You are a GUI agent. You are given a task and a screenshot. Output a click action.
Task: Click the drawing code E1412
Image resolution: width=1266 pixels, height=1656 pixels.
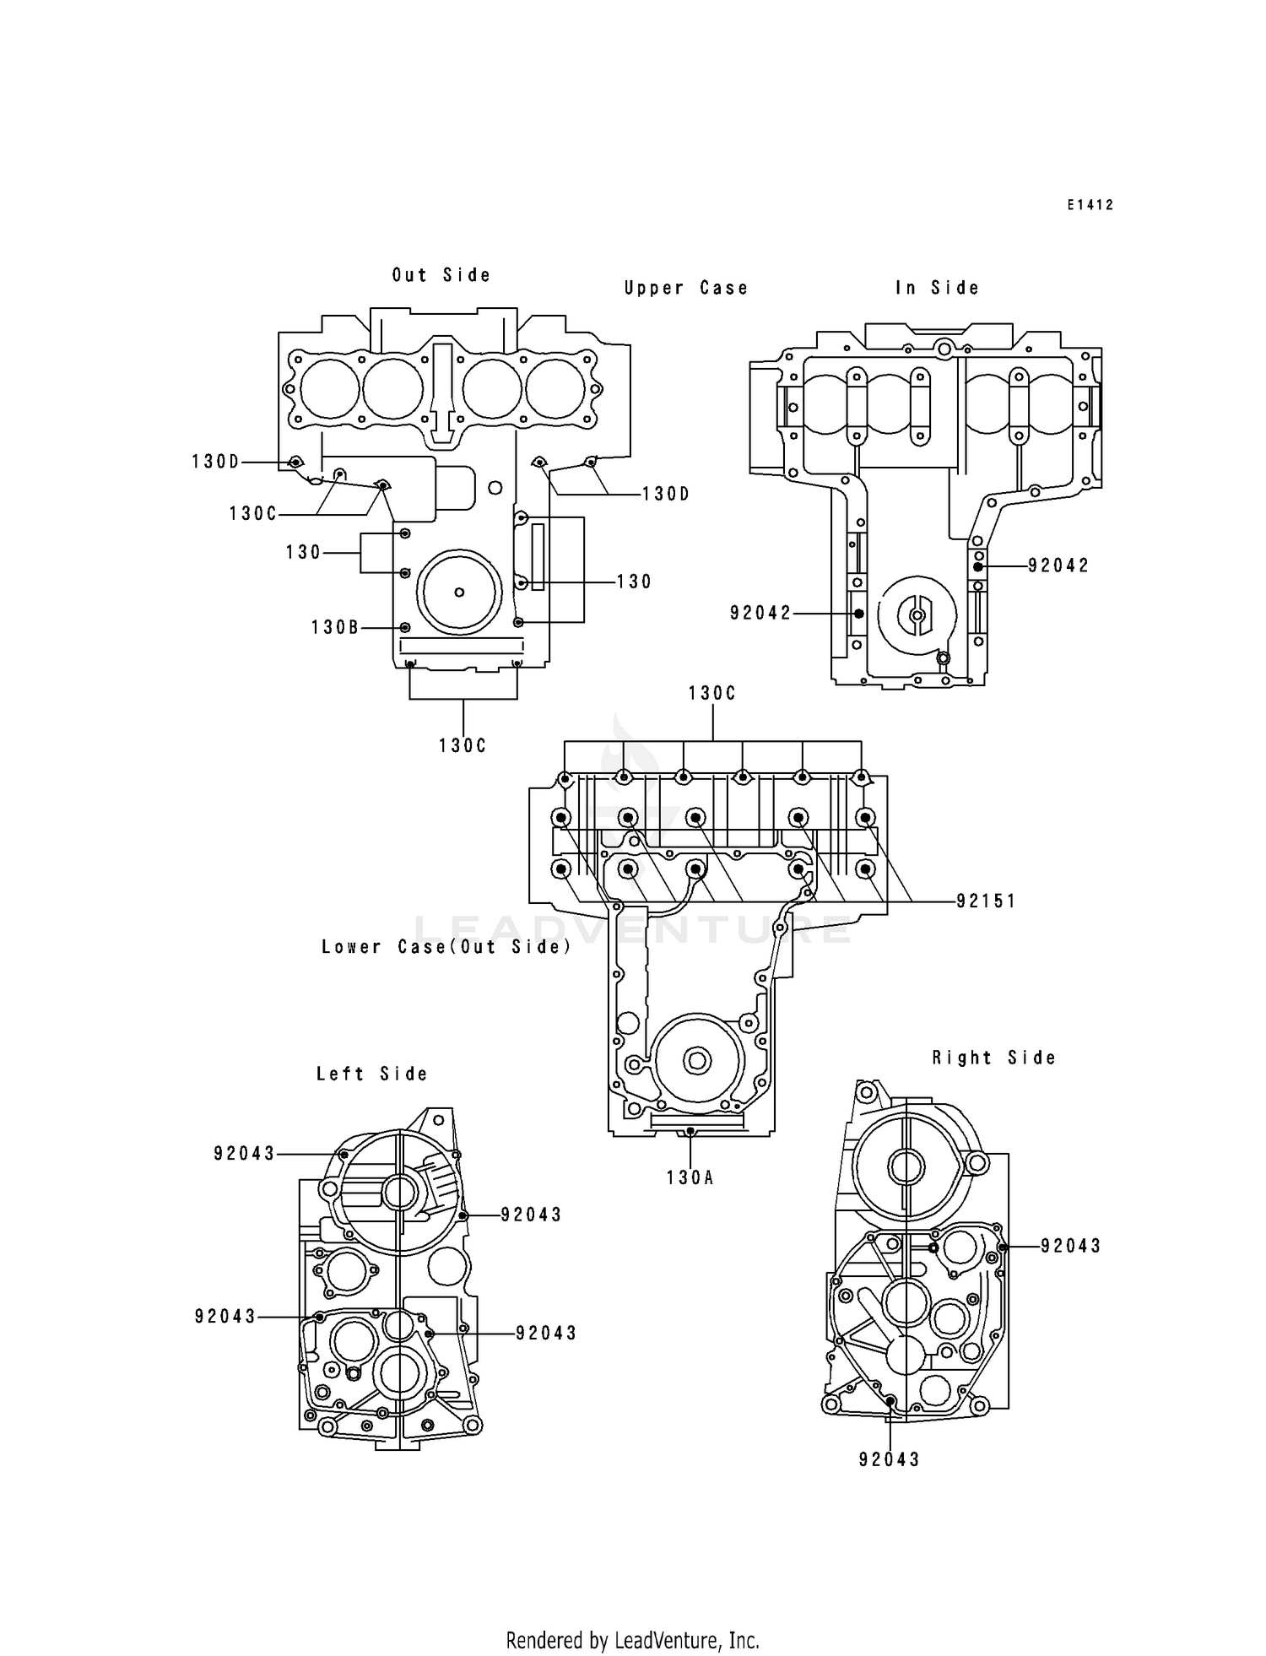(x=1090, y=205)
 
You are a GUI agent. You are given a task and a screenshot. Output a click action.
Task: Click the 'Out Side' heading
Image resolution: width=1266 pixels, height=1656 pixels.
(x=441, y=275)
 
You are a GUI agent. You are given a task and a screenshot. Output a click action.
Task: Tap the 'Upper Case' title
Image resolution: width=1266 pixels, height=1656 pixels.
(x=685, y=288)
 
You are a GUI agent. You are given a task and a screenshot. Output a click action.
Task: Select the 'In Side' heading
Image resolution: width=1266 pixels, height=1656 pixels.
(x=937, y=288)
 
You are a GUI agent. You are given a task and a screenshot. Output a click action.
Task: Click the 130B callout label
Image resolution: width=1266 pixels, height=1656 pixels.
(x=335, y=627)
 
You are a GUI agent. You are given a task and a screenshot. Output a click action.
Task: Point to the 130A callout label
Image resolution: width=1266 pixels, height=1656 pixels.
(x=690, y=1177)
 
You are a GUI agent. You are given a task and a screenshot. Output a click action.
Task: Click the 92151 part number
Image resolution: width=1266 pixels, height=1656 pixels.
(x=986, y=901)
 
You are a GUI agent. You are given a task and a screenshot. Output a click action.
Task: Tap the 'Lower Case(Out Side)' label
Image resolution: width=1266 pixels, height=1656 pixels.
(x=446, y=947)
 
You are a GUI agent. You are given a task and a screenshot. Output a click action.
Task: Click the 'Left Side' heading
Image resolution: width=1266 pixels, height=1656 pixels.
(x=372, y=1074)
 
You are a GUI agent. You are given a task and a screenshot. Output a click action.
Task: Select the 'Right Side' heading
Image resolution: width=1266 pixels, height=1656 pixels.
(x=993, y=1058)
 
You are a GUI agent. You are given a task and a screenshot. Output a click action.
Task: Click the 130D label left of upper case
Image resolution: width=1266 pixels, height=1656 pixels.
(x=216, y=462)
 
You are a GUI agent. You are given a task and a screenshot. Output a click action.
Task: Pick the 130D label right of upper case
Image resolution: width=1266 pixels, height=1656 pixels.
(x=665, y=495)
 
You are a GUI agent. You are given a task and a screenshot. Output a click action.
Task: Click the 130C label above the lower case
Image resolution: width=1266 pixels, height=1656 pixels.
(x=712, y=694)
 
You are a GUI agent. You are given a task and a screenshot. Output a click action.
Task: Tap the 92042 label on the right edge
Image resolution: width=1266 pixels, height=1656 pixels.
(x=1058, y=566)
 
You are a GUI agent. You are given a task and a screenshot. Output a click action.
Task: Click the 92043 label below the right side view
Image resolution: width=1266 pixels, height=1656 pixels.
(x=889, y=1459)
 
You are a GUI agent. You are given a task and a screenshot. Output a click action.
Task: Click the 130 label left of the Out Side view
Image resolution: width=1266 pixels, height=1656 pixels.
(x=303, y=553)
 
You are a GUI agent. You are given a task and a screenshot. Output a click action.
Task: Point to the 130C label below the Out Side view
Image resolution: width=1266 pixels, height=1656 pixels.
(x=463, y=746)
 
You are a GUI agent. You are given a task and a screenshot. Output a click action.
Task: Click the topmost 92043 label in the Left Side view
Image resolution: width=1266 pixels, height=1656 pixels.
(x=244, y=1154)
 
